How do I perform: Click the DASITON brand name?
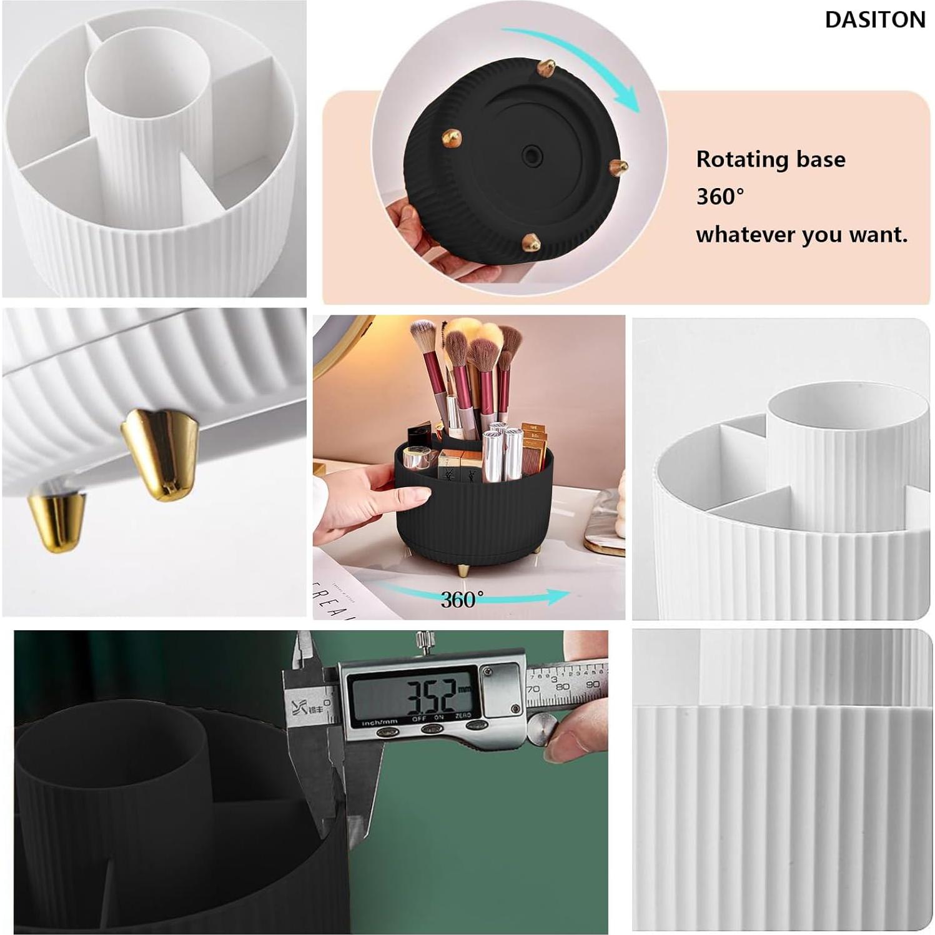[874, 20]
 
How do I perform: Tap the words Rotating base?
[770, 159]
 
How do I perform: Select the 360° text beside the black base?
[720, 197]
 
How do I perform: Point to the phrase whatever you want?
[801, 235]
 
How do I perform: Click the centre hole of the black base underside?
[532, 154]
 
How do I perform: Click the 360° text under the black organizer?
[462, 600]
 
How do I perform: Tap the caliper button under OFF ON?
[432, 729]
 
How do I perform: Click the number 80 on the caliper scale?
[562, 686]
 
